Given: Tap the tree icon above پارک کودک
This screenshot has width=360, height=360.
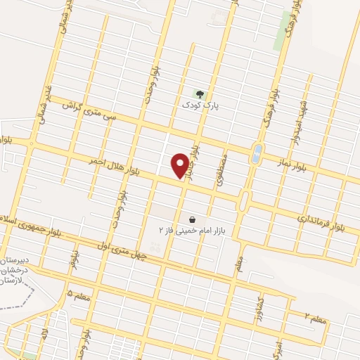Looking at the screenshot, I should [200, 94].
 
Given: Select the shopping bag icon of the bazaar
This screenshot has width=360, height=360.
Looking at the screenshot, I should [193, 219].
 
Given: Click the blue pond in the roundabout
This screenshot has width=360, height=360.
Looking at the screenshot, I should [257, 151].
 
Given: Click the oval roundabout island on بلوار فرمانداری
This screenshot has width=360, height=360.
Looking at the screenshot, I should [244, 202].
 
